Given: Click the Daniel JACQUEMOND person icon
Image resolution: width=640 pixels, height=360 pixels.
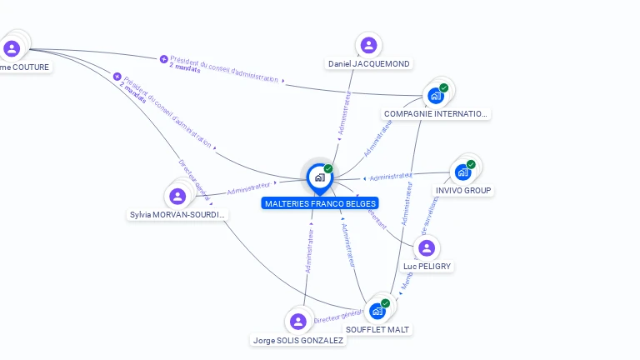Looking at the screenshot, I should click(x=368, y=45).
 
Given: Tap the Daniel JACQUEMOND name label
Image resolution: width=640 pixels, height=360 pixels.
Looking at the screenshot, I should click(x=369, y=64).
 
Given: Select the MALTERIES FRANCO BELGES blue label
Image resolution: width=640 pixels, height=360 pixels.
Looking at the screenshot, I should click(x=320, y=203).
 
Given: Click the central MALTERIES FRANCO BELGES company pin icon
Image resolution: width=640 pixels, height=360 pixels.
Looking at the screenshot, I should click(x=319, y=177).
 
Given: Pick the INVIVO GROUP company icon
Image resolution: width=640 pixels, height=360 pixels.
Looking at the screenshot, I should click(x=462, y=172).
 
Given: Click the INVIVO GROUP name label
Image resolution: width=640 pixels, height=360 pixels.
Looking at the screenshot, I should click(x=464, y=190).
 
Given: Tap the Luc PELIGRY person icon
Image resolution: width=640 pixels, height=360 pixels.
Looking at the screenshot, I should click(x=427, y=248).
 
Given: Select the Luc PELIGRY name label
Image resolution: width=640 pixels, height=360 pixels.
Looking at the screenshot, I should click(x=427, y=267).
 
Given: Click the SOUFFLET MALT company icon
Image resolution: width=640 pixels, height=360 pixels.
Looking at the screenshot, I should click(x=377, y=311).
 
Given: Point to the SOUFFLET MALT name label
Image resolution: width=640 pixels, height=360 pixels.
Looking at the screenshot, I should click(x=378, y=329).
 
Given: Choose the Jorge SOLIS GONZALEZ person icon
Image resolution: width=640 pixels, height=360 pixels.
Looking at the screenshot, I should click(x=298, y=322).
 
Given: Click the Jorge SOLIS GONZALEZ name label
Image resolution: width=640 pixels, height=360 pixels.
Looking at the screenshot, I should click(x=298, y=340).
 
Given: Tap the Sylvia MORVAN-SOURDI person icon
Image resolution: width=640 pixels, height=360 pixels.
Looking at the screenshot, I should click(x=177, y=197).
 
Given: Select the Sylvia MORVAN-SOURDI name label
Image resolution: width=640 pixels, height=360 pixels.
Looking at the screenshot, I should click(x=177, y=215).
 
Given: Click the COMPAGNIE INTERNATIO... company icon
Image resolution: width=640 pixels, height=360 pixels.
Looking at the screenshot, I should click(x=436, y=95).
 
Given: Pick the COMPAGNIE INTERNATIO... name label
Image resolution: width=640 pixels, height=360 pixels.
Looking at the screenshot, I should click(x=436, y=114).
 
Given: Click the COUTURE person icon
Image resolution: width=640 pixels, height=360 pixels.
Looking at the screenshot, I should click(x=12, y=48).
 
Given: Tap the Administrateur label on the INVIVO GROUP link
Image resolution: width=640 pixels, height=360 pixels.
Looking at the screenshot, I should click(x=391, y=177).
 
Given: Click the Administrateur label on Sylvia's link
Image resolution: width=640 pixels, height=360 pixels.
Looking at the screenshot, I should click(x=249, y=186).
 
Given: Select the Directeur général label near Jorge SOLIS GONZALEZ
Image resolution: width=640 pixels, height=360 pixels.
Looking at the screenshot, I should click(x=338, y=315).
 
